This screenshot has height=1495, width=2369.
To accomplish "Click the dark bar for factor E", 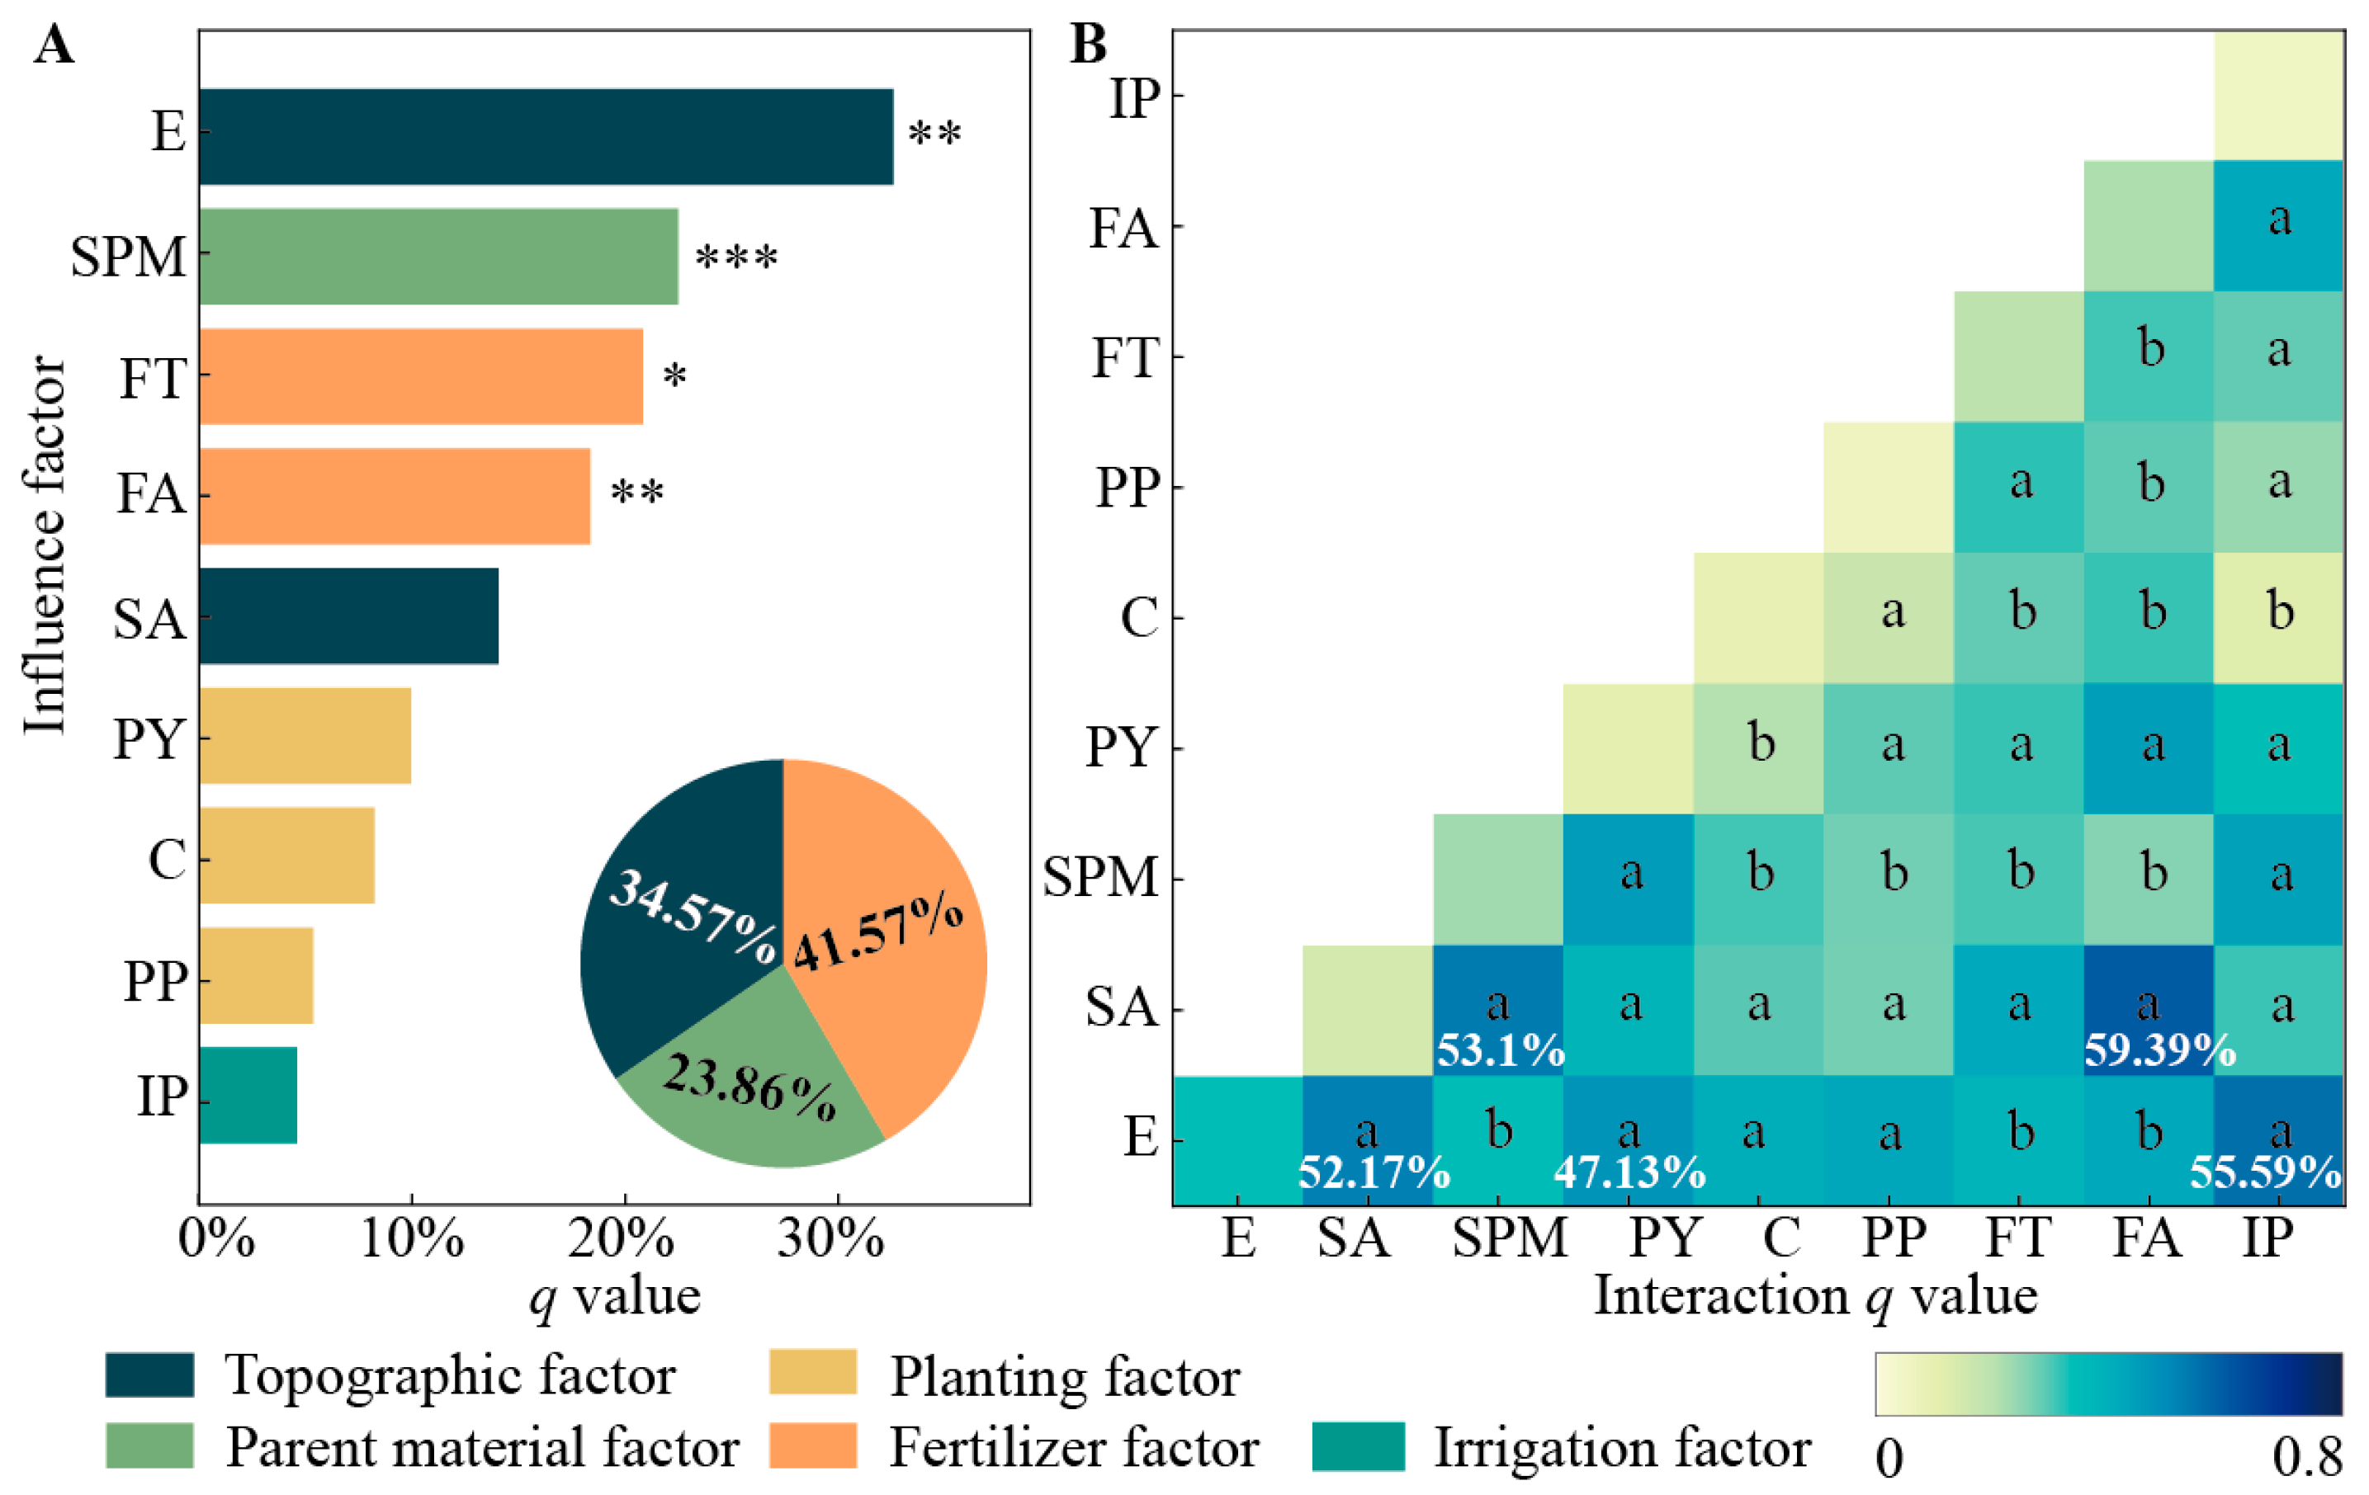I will (546, 137).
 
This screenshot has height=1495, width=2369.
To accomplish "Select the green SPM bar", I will (437, 256).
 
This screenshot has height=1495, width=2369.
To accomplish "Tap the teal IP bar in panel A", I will (248, 1095).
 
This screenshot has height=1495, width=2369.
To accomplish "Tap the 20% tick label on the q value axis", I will (621, 1238).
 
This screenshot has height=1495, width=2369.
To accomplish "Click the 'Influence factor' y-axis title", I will (45, 546).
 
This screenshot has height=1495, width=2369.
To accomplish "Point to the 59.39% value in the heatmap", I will (2160, 1051).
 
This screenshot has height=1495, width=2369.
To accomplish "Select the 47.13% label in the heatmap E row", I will (1629, 1172).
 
